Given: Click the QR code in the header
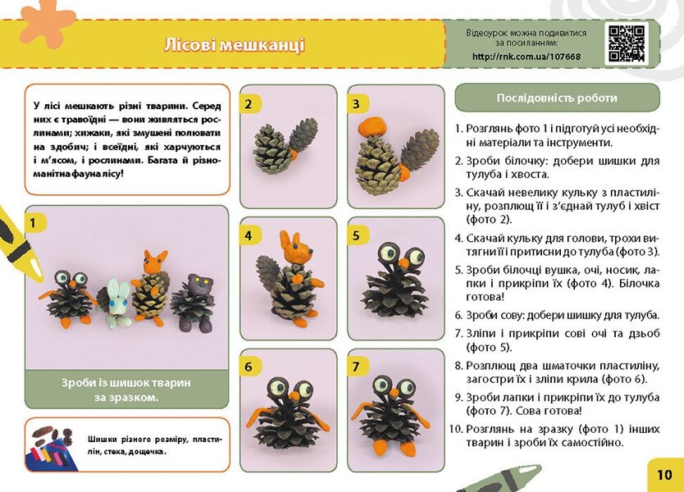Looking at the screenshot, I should (x=627, y=43).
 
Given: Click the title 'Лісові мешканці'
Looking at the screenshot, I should (x=234, y=44).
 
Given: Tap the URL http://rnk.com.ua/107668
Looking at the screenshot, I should (x=526, y=57).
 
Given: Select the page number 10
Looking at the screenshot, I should (x=664, y=474).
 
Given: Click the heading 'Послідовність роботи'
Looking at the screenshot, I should (x=557, y=98).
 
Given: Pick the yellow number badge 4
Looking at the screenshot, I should (x=248, y=235).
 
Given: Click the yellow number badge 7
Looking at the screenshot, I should (x=356, y=367).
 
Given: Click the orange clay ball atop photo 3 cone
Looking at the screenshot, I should (x=374, y=125).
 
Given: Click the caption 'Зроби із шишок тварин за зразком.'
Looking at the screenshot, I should (x=126, y=389).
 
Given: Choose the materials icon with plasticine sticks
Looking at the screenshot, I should (x=51, y=446).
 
